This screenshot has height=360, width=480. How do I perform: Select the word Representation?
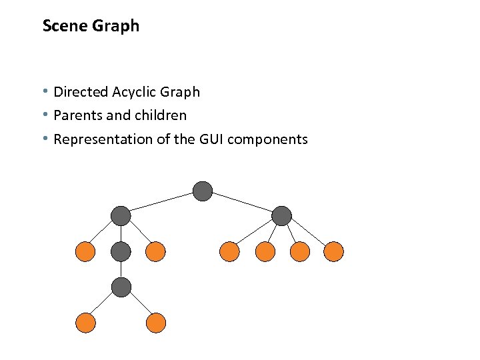99,139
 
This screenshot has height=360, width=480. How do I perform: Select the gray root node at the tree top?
203,192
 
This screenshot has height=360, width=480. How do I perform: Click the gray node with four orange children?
282,215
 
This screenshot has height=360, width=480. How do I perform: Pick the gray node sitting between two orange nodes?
121,251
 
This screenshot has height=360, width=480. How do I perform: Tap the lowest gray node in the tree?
121,287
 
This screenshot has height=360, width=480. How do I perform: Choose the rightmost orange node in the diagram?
333,251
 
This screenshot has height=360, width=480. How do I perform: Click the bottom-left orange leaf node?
85,323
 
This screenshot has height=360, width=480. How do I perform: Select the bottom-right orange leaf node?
155,323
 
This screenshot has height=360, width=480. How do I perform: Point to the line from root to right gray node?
243,203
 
